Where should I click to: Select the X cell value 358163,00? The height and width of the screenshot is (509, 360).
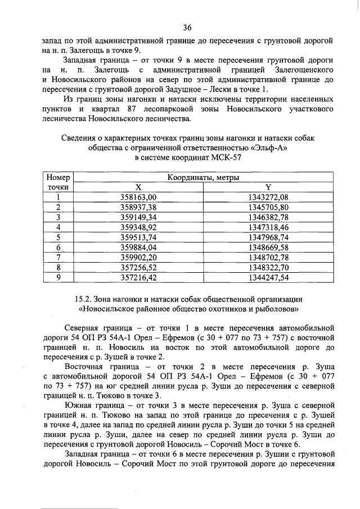pos(138,197)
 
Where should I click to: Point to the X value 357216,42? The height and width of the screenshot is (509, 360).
pos(138,277)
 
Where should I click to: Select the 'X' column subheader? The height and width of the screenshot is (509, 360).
pos(138,187)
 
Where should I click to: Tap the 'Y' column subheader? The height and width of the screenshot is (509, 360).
pos(268,187)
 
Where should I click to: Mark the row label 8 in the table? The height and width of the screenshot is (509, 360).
pos(58,267)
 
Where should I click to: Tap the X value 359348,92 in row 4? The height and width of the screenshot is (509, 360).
pos(138,227)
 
